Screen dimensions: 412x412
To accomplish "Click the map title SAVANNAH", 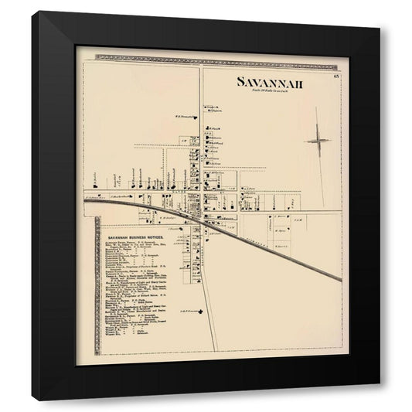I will tap(270, 82).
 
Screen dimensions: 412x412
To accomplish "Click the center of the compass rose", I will tap(318, 141).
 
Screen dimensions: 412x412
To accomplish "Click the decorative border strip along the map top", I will tap(209, 57).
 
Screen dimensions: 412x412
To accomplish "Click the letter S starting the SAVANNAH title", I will tap(240, 82).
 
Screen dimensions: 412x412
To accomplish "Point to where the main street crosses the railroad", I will tap(203, 218).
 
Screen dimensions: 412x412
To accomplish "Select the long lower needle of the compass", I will tap(321, 166).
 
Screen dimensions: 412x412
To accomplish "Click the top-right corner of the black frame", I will tap(379, 29).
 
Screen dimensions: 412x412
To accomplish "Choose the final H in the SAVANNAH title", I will tap(300, 82).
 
